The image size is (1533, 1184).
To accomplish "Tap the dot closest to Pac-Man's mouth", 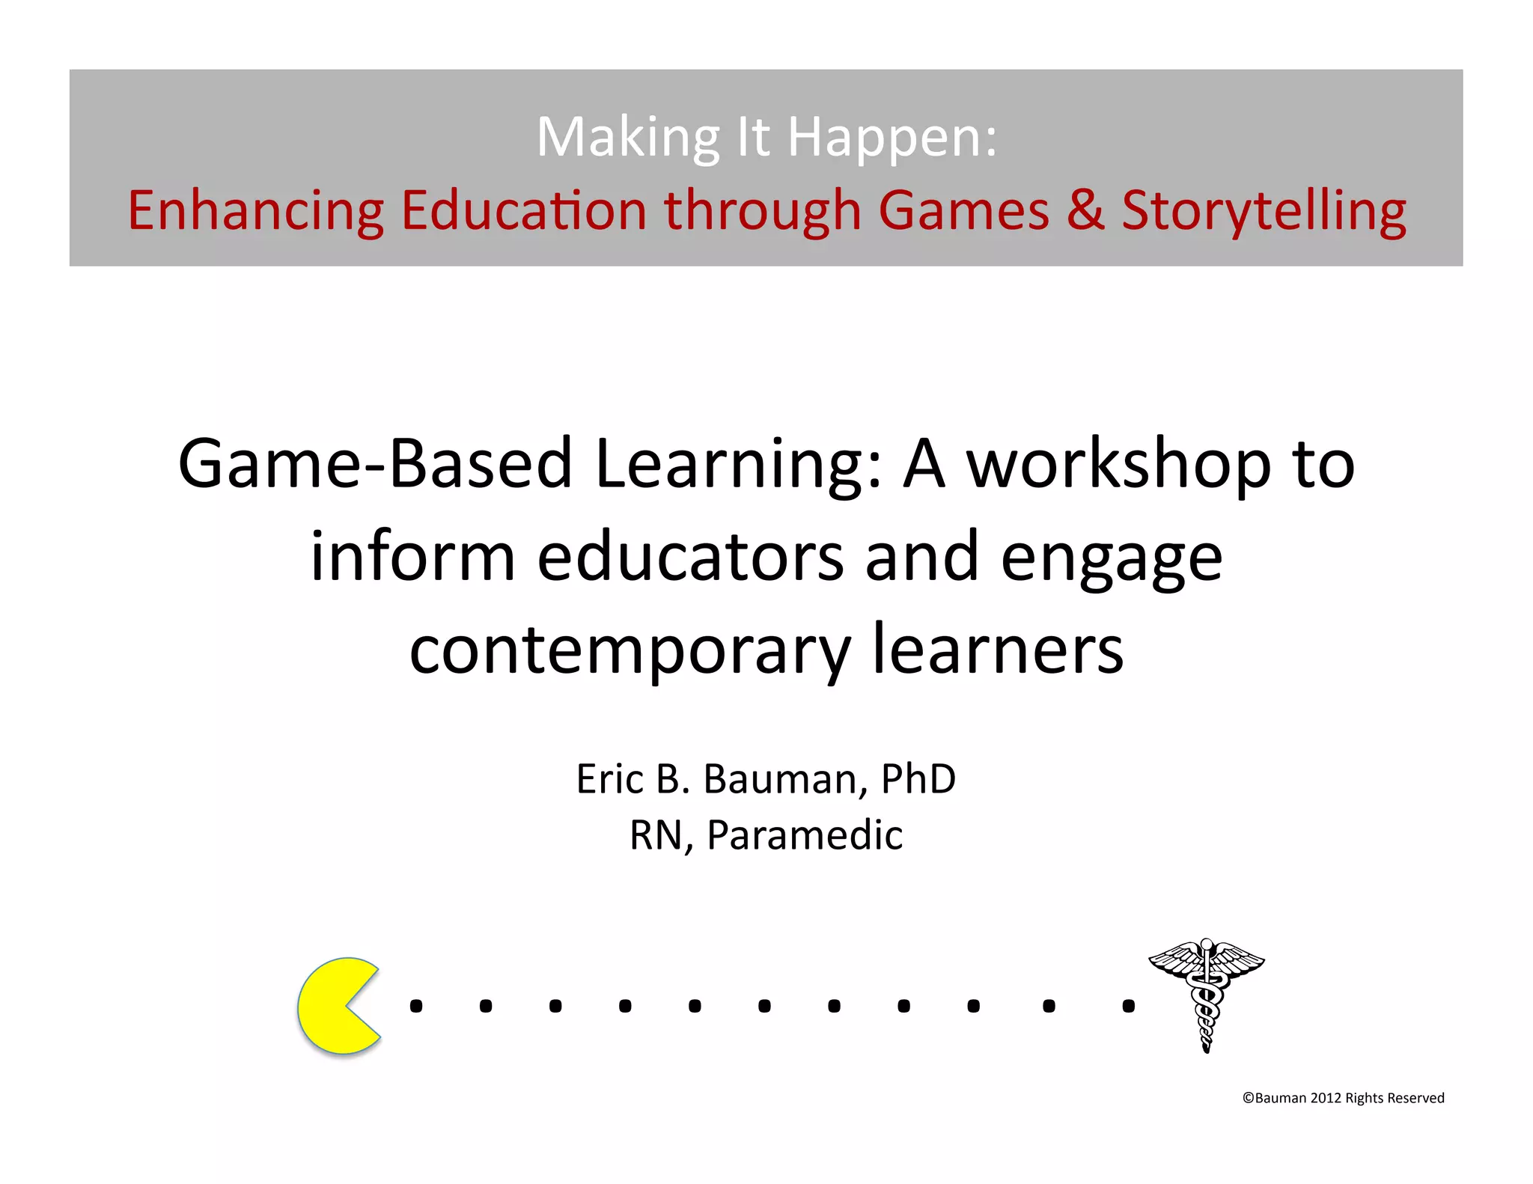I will tap(416, 1007).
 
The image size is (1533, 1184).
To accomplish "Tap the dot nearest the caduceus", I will tap(1128, 1007).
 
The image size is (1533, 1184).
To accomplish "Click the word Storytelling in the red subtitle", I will tap(1264, 211).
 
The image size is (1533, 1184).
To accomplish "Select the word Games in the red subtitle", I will tap(963, 211).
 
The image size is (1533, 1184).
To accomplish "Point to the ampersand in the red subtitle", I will tap(1085, 211).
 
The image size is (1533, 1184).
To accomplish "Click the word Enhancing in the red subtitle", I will tap(255, 211).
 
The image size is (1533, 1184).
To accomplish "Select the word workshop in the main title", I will tap(1119, 465).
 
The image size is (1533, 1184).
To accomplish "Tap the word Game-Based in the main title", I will tap(375, 465).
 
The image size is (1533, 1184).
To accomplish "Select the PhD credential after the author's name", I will tap(918, 779).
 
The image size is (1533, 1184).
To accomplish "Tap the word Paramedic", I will tap(805, 835).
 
